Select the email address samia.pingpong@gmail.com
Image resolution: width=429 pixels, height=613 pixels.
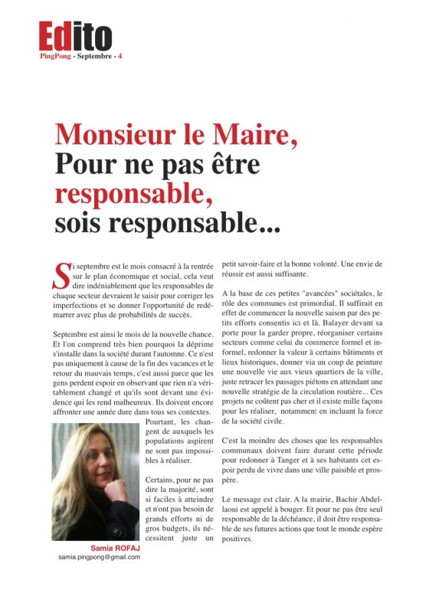pyautogui.click(x=99, y=558)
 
